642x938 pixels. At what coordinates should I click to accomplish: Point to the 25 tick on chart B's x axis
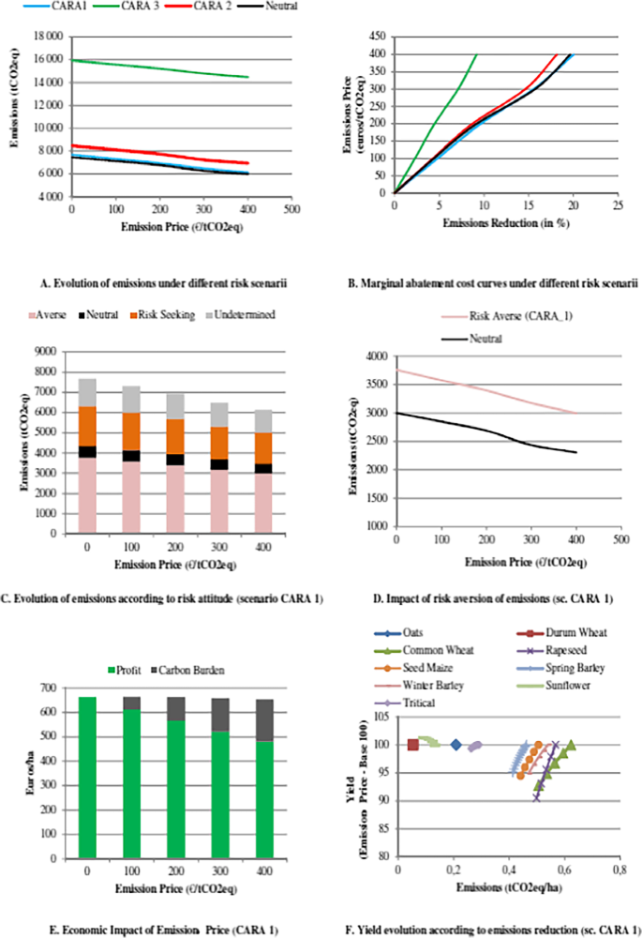[618, 204]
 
